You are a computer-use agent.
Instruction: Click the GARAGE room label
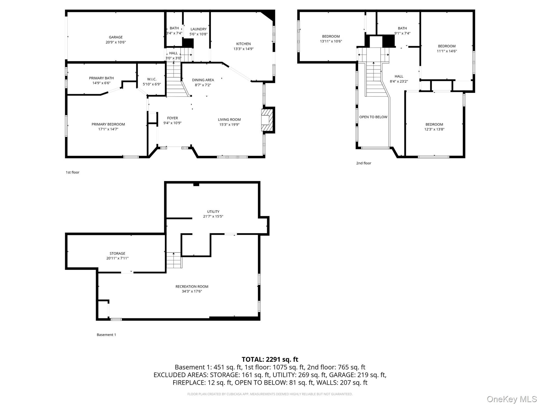116,37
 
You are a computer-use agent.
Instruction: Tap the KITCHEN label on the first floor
243,44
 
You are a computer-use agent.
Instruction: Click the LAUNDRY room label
199,29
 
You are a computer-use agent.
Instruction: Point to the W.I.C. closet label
152,79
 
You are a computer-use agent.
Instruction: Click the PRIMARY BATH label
101,78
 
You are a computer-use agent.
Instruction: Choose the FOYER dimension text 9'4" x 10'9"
172,123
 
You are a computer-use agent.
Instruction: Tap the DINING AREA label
203,80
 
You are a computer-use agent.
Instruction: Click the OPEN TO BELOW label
373,117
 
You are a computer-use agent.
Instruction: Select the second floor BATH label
402,28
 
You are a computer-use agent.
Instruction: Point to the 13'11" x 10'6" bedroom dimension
331,41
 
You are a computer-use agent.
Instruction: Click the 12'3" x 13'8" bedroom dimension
434,129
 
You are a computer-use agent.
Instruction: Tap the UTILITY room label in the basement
213,211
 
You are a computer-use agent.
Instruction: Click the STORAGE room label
117,253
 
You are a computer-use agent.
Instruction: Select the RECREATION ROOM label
192,287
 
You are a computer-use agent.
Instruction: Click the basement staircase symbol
174,260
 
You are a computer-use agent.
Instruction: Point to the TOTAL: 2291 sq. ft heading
270,359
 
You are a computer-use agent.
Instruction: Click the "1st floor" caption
73,172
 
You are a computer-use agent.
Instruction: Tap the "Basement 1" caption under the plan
106,335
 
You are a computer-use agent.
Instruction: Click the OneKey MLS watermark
512,399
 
